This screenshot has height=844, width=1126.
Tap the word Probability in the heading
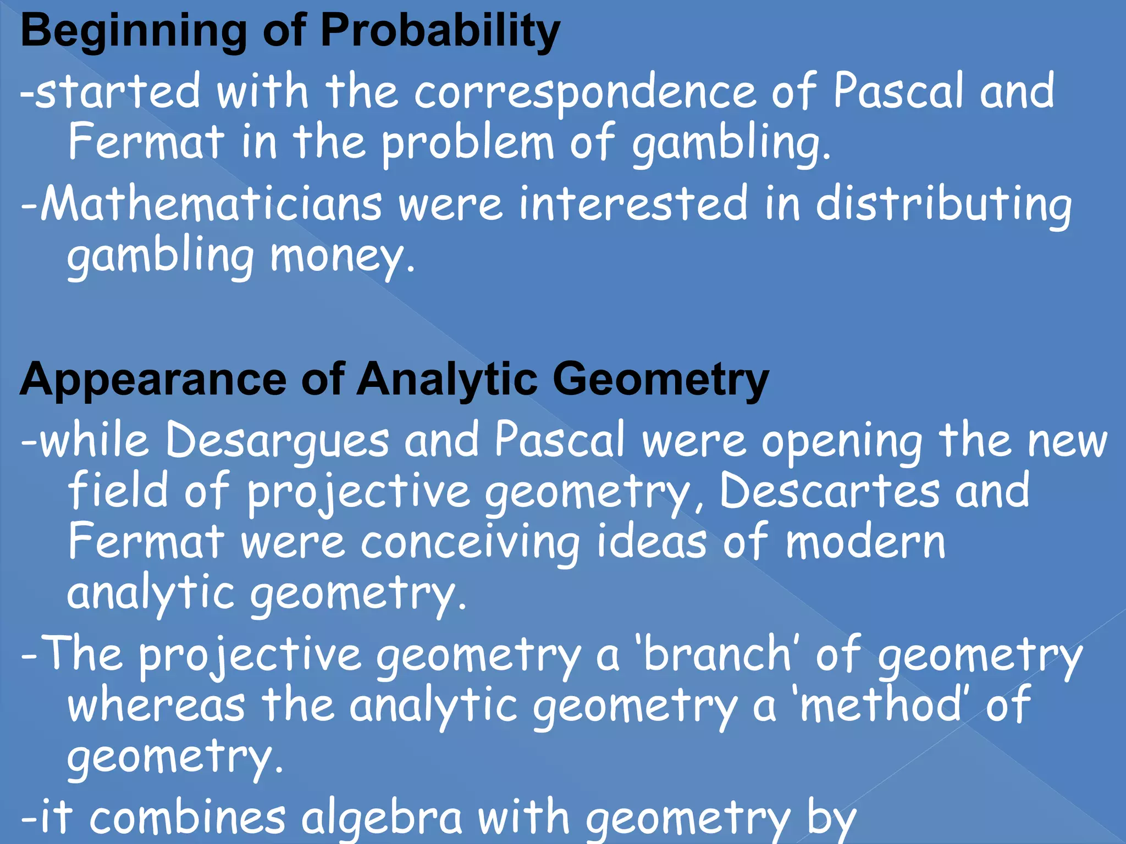(440, 32)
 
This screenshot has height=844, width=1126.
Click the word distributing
(943, 204)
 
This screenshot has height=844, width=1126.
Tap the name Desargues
(277, 441)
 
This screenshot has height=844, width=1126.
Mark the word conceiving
(470, 543)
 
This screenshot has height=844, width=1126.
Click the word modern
(865, 543)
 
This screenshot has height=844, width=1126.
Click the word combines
(187, 818)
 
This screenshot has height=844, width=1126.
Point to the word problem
(468, 144)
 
